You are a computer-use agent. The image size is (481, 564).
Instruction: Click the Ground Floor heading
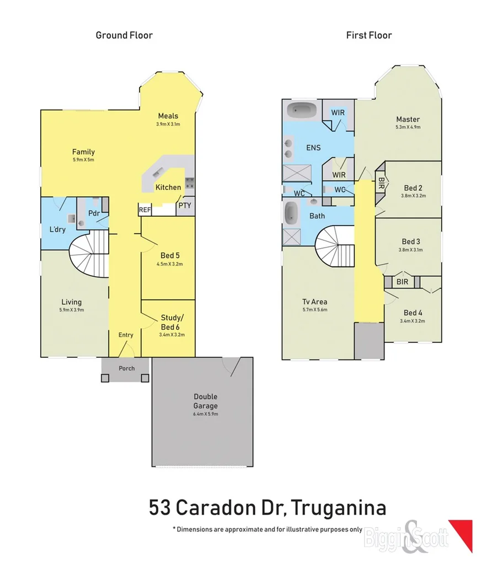(x=124, y=35)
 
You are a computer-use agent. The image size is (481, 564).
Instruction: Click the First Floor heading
(x=368, y=35)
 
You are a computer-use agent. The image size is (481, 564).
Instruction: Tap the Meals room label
(x=168, y=116)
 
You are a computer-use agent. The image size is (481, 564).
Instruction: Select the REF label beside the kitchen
(x=145, y=210)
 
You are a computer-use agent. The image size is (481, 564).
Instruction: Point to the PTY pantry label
(x=184, y=206)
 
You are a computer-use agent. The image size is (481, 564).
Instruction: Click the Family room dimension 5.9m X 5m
(x=83, y=160)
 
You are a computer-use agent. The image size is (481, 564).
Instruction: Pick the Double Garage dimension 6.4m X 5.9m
(x=205, y=413)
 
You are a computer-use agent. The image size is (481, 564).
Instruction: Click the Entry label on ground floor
(x=126, y=335)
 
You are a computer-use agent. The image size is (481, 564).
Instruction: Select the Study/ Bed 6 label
(x=172, y=321)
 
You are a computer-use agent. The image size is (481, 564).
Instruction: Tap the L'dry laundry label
(x=57, y=229)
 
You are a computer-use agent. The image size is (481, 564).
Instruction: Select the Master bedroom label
(x=408, y=119)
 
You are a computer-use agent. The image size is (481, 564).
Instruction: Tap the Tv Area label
(x=314, y=302)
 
